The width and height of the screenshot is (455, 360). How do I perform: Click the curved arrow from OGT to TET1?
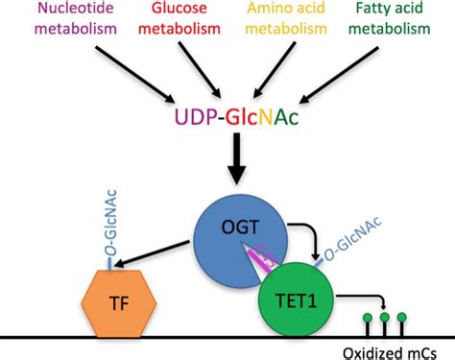[x=304, y=234]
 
